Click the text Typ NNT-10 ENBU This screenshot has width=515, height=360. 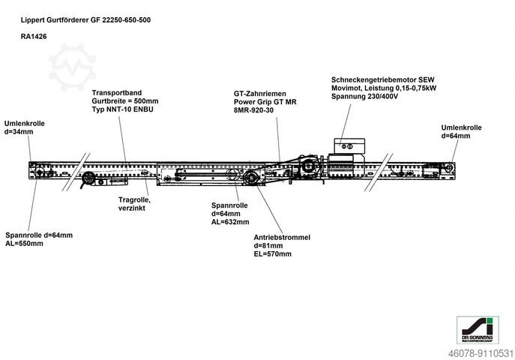121,109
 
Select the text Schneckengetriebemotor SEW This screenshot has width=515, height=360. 383,79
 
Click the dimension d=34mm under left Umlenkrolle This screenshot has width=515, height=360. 19,131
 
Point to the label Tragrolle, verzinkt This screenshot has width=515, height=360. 134,203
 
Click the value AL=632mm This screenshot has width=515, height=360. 229,221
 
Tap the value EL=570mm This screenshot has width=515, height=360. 273,253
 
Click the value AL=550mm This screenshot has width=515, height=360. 25,243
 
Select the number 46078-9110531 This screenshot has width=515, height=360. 481,351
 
